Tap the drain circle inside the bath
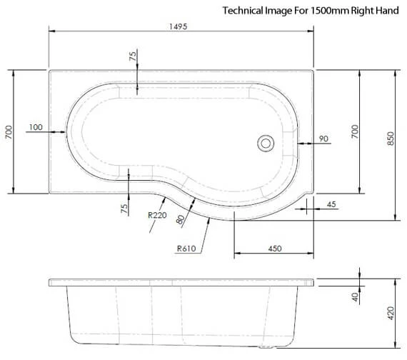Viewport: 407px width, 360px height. (x=266, y=144)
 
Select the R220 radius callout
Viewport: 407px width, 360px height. (x=157, y=214)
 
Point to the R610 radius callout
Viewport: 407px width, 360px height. (x=186, y=249)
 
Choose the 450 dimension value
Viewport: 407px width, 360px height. (x=274, y=249)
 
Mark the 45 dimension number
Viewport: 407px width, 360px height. (x=331, y=205)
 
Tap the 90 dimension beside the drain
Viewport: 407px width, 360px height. (x=323, y=139)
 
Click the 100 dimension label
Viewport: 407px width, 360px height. (x=35, y=127)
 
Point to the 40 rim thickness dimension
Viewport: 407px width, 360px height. (x=355, y=296)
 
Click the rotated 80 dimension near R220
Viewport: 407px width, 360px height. (x=180, y=220)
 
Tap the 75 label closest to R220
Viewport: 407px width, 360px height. (x=124, y=208)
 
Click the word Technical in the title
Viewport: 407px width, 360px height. (x=243, y=11)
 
